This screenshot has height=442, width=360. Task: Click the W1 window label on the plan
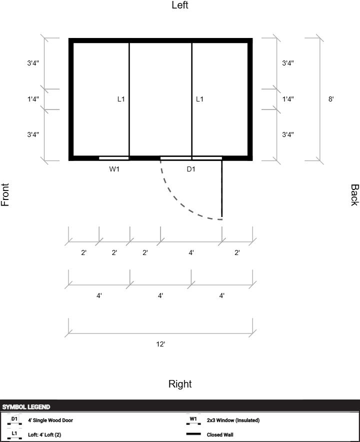[114, 169]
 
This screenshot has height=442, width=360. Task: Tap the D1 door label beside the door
[191, 169]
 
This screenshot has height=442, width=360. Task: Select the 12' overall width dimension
[160, 344]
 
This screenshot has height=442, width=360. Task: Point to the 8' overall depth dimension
[331, 99]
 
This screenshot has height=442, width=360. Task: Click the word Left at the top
[180, 5]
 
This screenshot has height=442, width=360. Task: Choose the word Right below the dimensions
[180, 384]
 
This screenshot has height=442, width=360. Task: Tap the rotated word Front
[5, 195]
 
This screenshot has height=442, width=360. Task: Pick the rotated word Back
[354, 195]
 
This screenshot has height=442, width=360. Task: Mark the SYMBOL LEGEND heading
[26, 407]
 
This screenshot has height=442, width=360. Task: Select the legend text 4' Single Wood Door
[50, 420]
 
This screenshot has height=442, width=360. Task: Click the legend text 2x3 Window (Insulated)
[233, 420]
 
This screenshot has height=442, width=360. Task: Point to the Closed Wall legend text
[220, 434]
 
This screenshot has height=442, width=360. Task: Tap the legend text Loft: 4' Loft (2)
[44, 434]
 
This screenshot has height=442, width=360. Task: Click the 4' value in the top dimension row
[191, 252]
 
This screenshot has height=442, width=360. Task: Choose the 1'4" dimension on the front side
[33, 99]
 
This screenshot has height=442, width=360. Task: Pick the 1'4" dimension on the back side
[288, 99]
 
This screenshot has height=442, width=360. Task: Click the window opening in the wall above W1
[114, 158]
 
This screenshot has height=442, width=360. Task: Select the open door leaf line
[222, 189]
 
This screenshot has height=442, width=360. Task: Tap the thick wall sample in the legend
[193, 434]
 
